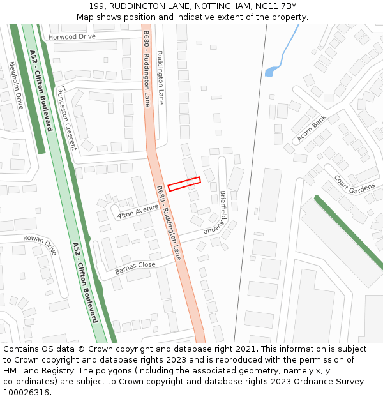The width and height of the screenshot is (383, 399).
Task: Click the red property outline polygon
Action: (x=184, y=184)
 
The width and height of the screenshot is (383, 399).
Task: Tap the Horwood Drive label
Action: (x=71, y=37)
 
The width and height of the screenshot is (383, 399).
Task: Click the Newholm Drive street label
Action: (x=15, y=85)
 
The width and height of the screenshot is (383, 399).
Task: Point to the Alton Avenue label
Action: (x=137, y=211)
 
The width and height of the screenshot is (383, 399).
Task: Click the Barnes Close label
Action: (x=135, y=268)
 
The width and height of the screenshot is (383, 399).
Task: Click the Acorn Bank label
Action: (x=312, y=128)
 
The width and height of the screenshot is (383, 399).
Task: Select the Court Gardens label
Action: (x=354, y=184)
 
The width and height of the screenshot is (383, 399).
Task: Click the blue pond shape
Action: (x=271, y=72)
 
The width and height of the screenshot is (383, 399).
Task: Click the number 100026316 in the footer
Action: (x=27, y=393)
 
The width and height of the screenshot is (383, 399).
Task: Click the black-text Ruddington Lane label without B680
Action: (x=160, y=77)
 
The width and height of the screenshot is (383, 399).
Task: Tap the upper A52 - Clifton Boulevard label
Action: (x=41, y=90)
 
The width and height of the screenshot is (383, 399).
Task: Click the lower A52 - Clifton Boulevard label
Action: (x=86, y=282)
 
